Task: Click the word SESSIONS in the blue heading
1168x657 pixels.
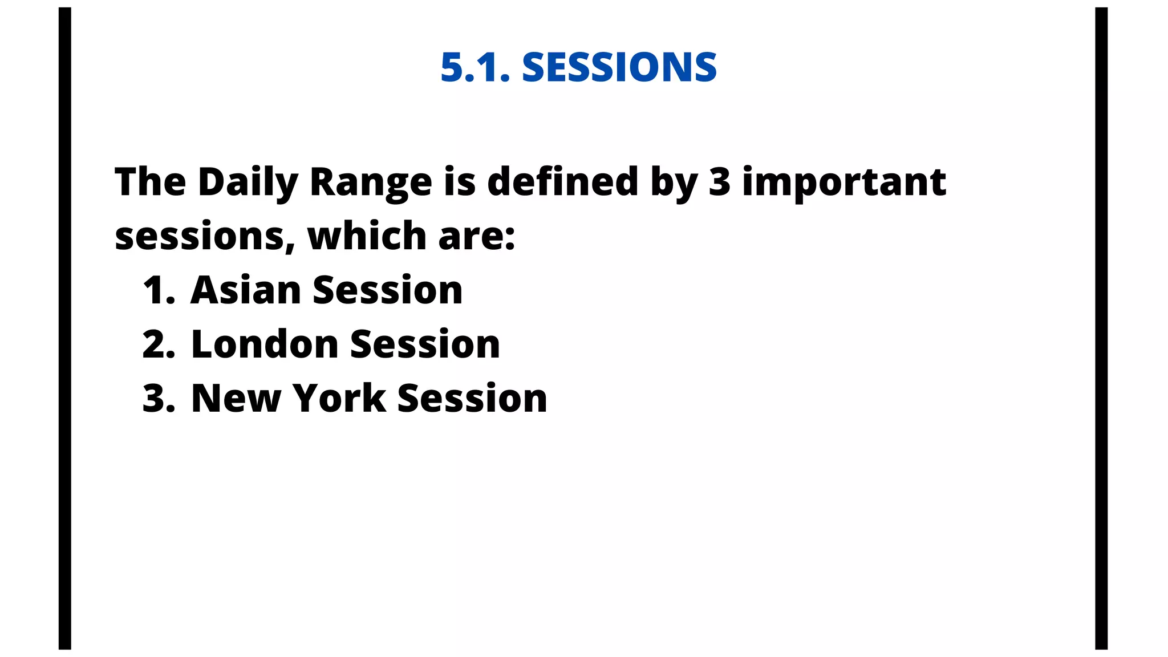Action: (x=619, y=67)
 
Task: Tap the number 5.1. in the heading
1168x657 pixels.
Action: (x=475, y=67)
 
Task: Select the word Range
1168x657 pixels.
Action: (x=371, y=182)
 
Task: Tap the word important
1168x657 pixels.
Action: (x=844, y=182)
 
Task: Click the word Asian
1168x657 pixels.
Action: (x=246, y=290)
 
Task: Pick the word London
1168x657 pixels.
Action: (x=265, y=344)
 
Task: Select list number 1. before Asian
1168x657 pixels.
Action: (x=159, y=290)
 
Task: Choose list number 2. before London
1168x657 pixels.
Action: (x=159, y=344)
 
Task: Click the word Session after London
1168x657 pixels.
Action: (x=425, y=344)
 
